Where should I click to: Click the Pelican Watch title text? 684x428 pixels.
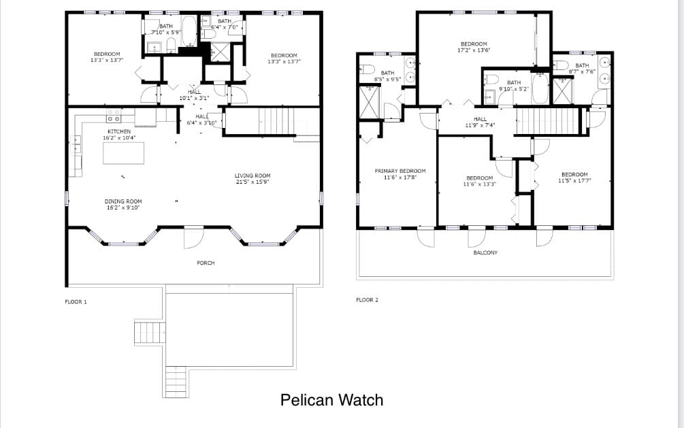[331, 400]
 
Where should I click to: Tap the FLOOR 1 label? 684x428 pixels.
[76, 302]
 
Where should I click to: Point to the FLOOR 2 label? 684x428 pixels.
[368, 300]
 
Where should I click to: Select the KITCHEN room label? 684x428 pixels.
[119, 131]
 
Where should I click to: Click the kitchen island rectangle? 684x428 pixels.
[123, 153]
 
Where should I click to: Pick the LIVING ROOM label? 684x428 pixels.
[253, 176]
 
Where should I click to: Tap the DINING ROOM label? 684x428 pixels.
[123, 201]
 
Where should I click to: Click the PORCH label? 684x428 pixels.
[206, 263]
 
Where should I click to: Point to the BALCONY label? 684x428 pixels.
[485, 252]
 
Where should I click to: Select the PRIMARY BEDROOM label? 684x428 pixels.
[400, 171]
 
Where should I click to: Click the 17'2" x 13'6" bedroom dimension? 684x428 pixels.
[474, 50]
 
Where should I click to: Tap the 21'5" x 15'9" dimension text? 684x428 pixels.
[253, 182]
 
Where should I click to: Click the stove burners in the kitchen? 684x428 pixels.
[114, 116]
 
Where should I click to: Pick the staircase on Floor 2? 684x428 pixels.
[547, 121]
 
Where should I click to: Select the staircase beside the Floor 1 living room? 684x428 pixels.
[276, 122]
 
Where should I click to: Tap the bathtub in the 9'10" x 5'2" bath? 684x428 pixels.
[540, 88]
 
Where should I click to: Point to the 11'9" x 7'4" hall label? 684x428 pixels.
[480, 125]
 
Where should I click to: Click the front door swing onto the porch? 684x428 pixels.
[194, 237]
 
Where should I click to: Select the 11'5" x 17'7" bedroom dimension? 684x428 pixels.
[574, 180]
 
